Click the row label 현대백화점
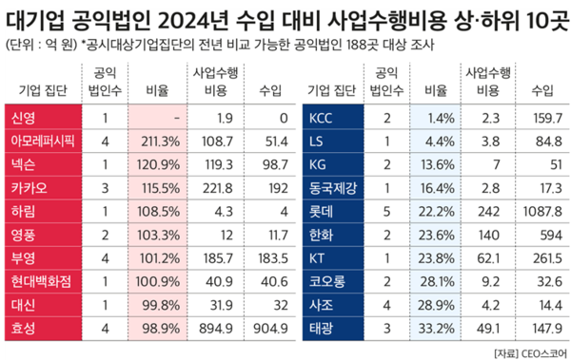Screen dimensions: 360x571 (43, 281)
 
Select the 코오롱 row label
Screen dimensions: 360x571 (325, 281)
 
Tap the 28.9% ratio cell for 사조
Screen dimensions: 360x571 (438, 305)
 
